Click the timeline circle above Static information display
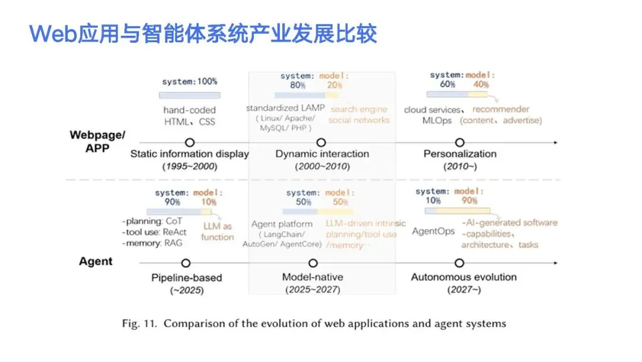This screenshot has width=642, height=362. click(190, 143)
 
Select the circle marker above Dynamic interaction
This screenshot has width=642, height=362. click(321, 143)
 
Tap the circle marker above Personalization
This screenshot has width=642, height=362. click(459, 143)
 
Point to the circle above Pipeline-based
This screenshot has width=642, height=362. click(185, 263)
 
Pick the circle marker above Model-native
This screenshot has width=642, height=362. click(313, 263)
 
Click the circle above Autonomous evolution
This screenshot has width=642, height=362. click(458, 263)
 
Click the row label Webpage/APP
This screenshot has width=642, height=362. click(97, 142)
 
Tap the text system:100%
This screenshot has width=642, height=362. click(190, 81)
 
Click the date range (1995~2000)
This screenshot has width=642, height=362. click(190, 167)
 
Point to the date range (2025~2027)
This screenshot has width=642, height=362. click(313, 290)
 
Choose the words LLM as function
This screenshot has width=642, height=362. click(218, 232)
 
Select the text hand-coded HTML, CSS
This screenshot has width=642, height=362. click(190, 116)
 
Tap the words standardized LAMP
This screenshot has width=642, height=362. click(285, 108)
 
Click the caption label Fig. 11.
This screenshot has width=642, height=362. click(139, 324)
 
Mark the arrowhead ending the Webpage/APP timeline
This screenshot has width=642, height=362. click(555, 143)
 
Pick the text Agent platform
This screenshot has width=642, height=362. click(282, 224)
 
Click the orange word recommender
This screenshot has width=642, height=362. click(501, 110)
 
